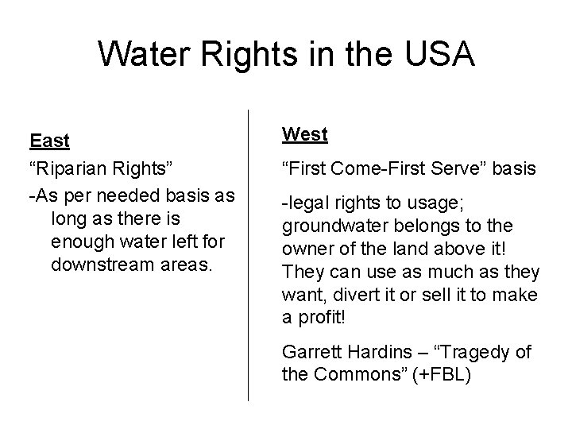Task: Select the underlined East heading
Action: (x=49, y=141)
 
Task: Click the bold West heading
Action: (x=305, y=135)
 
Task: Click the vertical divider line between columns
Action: (x=249, y=254)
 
